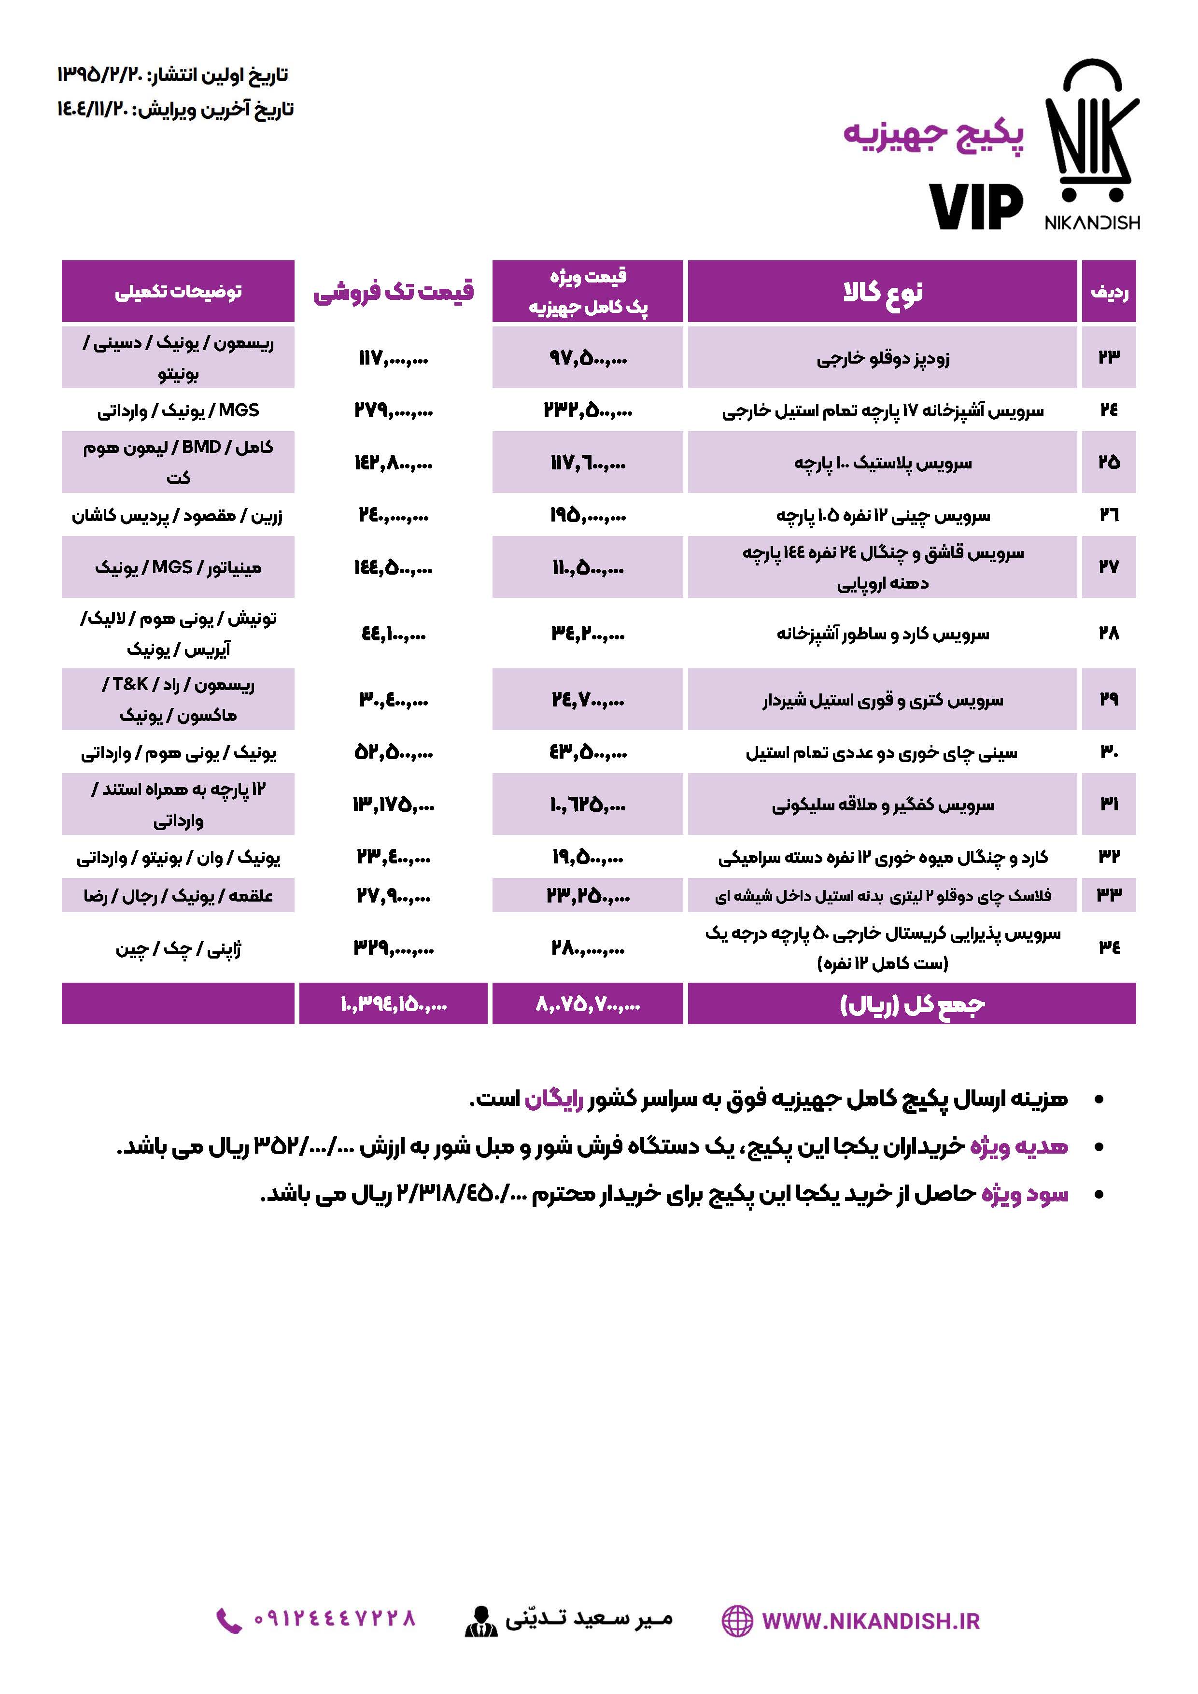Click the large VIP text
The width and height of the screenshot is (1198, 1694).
(975, 207)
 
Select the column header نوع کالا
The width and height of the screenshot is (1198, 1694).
(882, 292)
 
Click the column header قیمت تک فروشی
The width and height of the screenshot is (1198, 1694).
(393, 292)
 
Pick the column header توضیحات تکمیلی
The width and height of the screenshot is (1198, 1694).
(178, 292)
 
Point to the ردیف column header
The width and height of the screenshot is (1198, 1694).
(1109, 292)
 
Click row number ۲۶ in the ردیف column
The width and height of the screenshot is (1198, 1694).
(1109, 514)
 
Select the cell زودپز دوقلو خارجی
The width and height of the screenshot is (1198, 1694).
(882, 359)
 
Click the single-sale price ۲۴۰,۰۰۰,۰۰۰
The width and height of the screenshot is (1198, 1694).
(393, 515)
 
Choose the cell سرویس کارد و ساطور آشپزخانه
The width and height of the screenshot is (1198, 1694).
(882, 634)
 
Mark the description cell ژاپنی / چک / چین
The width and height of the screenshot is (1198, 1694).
(178, 948)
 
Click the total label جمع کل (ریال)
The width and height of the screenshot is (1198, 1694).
(912, 1004)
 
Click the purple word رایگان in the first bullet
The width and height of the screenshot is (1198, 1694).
(553, 1100)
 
